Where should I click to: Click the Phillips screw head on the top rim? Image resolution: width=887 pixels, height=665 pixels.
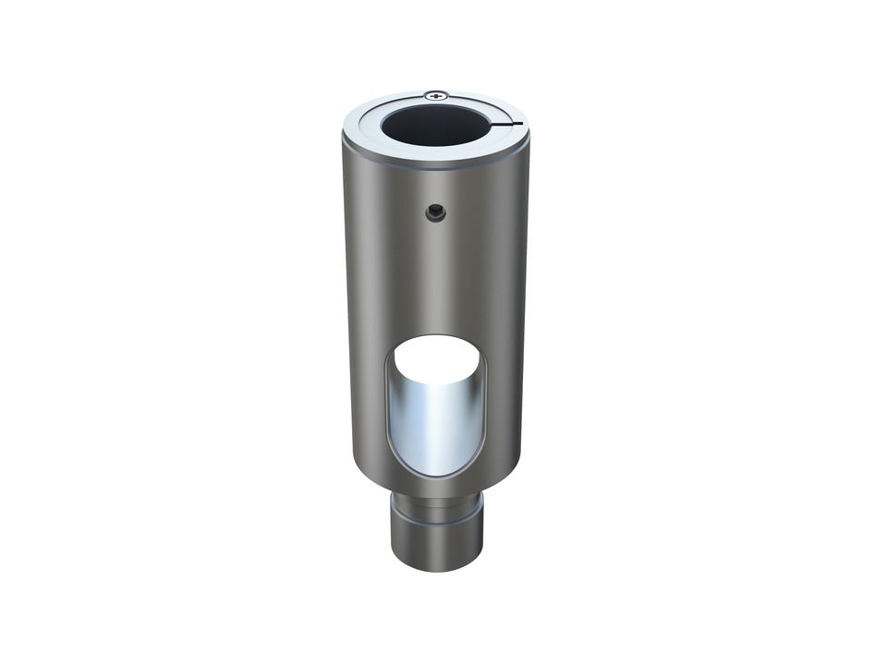436,95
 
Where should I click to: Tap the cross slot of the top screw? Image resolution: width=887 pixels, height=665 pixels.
436,95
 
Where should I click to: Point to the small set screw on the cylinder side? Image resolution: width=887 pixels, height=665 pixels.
435,213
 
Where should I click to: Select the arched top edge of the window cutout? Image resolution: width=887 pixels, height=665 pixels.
434,338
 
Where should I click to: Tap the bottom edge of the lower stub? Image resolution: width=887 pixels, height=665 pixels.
436,568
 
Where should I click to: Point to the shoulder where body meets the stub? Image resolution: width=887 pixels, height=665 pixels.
436,490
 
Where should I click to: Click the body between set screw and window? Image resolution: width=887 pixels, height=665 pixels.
435,277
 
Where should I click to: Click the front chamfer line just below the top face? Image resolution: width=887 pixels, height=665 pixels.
435,167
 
